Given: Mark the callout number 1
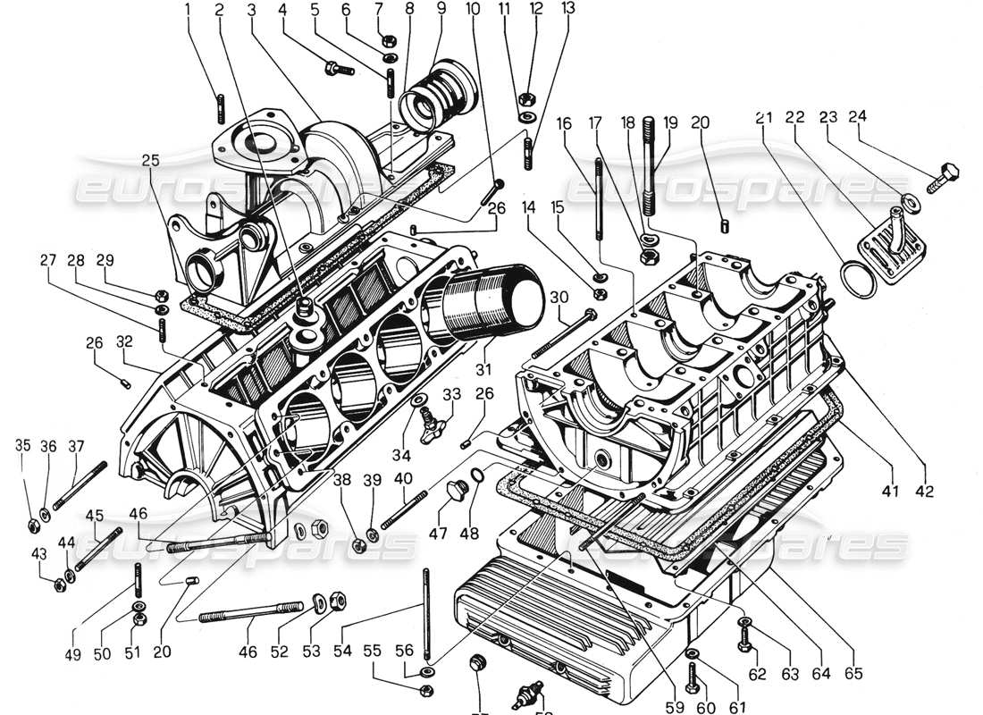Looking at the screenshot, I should pyautogui.click(x=188, y=11).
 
